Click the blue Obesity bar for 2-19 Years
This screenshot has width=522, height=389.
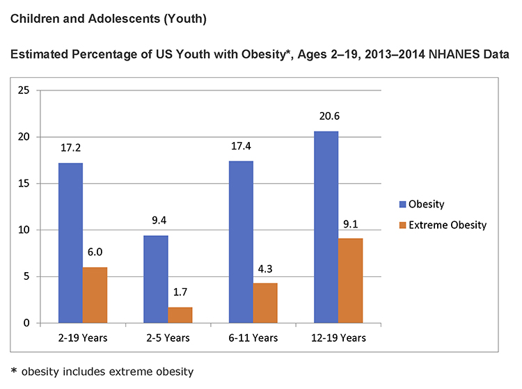pyautogui.click(x=70, y=243)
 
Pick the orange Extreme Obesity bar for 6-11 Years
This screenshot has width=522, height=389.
pyautogui.click(x=265, y=303)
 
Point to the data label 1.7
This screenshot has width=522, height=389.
pyautogui.click(x=180, y=294)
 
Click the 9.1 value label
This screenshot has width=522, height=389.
pyautogui.click(x=350, y=225)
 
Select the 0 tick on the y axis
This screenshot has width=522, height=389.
pyautogui.click(x=26, y=323)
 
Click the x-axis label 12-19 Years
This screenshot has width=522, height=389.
pyautogui.click(x=338, y=338)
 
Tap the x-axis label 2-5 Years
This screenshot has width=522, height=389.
pyautogui.click(x=168, y=338)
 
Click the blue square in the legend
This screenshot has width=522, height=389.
pyautogui.click(x=402, y=205)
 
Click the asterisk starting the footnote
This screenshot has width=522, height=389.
pyautogui.click(x=14, y=372)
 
